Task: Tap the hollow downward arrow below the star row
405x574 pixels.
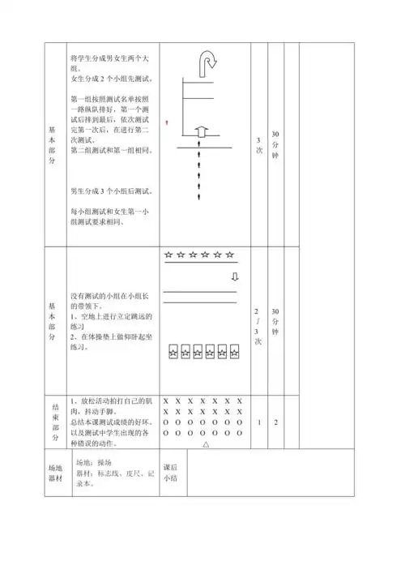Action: [x=235, y=276]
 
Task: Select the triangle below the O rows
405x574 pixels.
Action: [x=206, y=444]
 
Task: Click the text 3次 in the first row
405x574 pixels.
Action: [x=258, y=144]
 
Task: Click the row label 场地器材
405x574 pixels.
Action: [x=55, y=473]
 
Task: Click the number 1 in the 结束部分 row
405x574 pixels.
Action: [x=258, y=422]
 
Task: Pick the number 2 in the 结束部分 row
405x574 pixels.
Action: [x=275, y=422]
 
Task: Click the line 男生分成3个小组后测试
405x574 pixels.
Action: [x=112, y=191]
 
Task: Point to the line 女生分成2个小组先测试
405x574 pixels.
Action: [x=112, y=79]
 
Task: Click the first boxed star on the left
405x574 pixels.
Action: [x=174, y=352]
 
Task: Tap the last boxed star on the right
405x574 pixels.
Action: [x=235, y=352]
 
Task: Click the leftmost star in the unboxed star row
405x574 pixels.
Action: [x=168, y=255]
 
